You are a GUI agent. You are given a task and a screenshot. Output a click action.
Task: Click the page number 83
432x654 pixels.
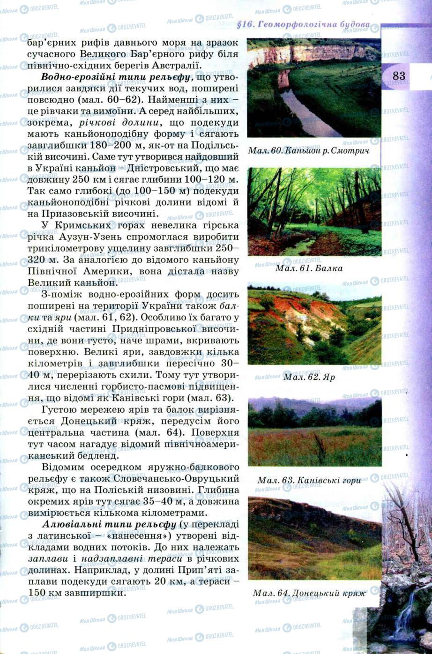(x=399, y=76)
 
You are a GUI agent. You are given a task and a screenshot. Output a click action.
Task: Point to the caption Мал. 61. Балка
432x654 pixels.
(x=309, y=268)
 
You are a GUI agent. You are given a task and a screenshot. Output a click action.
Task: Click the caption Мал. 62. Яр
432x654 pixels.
(x=309, y=377)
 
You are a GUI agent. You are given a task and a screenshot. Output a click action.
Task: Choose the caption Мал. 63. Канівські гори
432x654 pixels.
(x=309, y=480)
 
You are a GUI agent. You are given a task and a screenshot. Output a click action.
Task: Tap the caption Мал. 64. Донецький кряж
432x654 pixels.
(x=309, y=593)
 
